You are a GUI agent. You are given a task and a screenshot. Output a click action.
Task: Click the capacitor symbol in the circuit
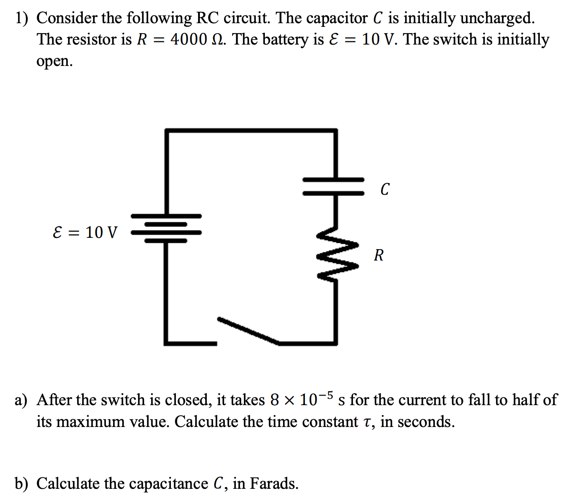tap(334, 186)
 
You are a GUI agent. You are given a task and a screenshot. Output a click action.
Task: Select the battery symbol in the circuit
tap(166, 228)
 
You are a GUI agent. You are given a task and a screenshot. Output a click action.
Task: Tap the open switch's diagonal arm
tap(248, 330)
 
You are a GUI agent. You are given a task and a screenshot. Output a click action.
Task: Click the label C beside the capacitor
tap(385, 189)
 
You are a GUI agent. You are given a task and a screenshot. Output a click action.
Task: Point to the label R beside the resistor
tap(378, 255)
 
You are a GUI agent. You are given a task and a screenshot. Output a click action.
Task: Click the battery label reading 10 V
tap(101, 232)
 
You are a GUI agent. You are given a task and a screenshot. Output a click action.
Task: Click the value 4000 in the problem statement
tap(189, 40)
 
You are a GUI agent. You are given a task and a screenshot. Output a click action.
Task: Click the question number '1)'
tap(21, 18)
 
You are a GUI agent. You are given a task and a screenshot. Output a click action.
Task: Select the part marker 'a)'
tap(21, 400)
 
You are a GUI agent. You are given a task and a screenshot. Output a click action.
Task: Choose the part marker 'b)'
tap(21, 483)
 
